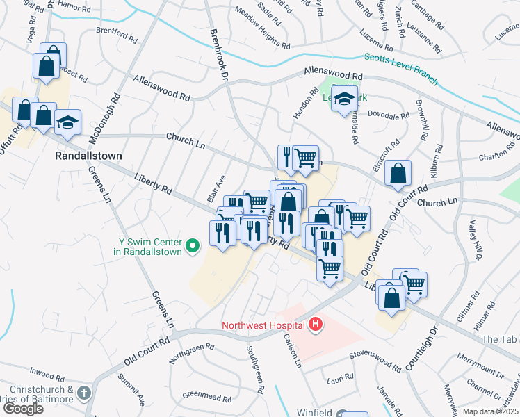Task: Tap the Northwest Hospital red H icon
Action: click(x=316, y=324)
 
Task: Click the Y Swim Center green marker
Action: click(x=194, y=244)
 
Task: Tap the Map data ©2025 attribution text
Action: click(x=491, y=411)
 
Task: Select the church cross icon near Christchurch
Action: click(x=83, y=393)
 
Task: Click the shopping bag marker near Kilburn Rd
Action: click(x=398, y=174)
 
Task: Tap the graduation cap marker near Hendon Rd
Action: click(x=344, y=101)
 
